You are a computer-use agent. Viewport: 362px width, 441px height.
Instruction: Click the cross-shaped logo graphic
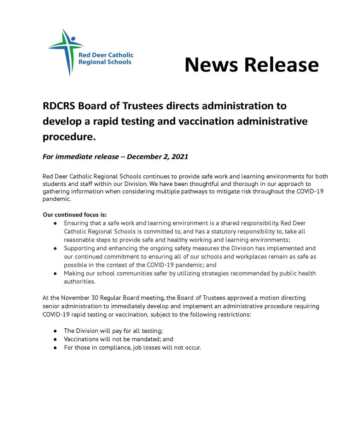pos(66,51)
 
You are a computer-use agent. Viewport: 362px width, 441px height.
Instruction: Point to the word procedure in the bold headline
pos(69,137)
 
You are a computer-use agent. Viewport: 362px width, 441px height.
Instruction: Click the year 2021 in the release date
pos(180,157)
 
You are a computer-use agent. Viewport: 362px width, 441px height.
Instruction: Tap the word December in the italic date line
pos(144,157)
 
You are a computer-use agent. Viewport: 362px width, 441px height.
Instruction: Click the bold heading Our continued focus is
pos(75,215)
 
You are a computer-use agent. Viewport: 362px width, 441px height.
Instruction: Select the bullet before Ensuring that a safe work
pos(55,224)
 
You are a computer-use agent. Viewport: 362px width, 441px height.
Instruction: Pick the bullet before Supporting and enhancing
pos(55,249)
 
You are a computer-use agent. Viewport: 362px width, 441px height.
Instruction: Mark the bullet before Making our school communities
pos(55,274)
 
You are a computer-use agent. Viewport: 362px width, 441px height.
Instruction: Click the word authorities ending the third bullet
pos(79,282)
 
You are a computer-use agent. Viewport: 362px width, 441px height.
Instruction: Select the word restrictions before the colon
pos(232,315)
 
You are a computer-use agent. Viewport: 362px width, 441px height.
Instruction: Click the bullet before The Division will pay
pos(55,331)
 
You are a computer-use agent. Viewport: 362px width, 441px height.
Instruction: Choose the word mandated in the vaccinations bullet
pos(146,339)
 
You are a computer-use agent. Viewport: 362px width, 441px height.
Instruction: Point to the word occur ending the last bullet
pos(193,348)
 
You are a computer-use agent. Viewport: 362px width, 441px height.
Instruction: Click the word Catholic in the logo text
pos(121,55)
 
